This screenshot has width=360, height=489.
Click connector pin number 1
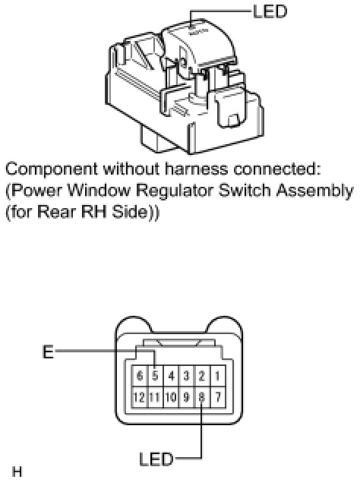(x=217, y=376)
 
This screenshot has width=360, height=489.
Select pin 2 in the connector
(x=202, y=376)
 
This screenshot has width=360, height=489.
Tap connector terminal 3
(x=187, y=376)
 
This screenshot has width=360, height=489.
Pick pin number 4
(x=171, y=376)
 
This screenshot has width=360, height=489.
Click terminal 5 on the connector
(x=155, y=376)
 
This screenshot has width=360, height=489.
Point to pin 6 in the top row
(x=140, y=376)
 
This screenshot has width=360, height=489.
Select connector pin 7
(x=217, y=397)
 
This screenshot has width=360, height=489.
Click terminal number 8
(x=202, y=397)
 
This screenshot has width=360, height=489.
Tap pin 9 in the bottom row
(x=187, y=397)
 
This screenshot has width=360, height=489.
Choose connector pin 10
(x=171, y=397)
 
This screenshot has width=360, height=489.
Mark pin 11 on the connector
(x=155, y=397)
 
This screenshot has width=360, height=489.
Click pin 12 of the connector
(x=140, y=397)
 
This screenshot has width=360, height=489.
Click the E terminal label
(x=48, y=352)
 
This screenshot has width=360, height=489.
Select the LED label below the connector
(x=156, y=459)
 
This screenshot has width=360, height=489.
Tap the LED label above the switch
(x=270, y=11)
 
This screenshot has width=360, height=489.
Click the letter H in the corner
(x=17, y=472)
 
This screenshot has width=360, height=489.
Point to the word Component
(x=52, y=170)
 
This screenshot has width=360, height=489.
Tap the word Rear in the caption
(x=58, y=212)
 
